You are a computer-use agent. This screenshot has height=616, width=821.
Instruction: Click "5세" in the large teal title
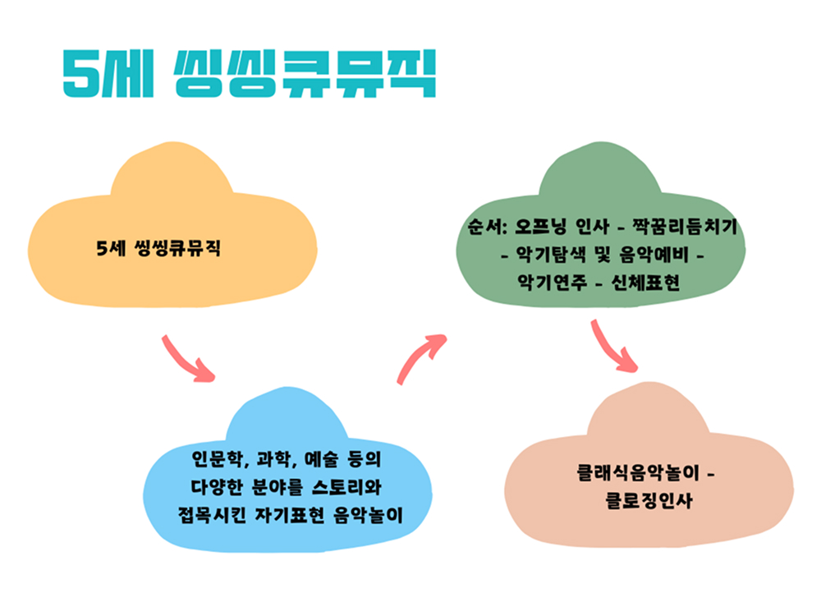108,74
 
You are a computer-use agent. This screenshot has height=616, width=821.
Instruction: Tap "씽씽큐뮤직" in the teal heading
305,74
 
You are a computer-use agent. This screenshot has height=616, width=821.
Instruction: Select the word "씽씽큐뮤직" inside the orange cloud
177,247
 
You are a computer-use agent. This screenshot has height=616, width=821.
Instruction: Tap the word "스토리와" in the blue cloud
346,487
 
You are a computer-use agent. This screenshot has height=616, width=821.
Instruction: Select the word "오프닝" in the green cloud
540,227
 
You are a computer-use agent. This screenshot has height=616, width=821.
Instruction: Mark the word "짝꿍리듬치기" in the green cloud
685,227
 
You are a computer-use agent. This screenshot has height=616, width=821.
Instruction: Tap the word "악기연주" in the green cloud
553,283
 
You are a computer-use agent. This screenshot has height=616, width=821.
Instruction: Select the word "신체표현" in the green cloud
645,283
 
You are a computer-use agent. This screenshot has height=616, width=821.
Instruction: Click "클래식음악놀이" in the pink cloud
638,472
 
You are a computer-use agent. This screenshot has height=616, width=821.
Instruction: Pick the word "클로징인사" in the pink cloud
649,500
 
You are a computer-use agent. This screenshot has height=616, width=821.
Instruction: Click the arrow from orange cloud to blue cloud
186,361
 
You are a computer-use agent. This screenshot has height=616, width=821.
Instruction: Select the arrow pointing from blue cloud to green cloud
419,357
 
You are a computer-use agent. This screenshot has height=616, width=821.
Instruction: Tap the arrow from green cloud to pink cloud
611,347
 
